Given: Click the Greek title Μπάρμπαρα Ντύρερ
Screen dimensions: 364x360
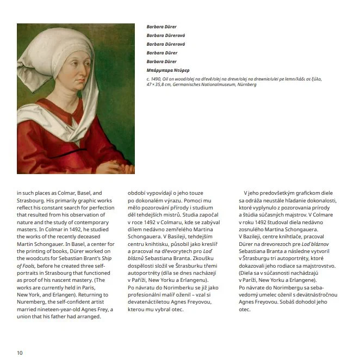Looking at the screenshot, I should [167, 70].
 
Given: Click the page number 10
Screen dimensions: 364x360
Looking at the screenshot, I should [20, 353].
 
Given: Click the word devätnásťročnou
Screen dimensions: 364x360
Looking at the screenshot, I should [318, 294].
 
